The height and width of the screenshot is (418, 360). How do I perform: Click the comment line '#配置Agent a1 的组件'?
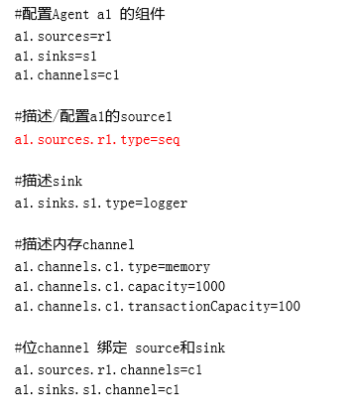pyautogui.click(x=90, y=15)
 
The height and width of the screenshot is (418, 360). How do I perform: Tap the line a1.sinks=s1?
pyautogui.click(x=56, y=55)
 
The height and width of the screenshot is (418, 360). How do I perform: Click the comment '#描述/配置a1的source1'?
pyautogui.click(x=94, y=116)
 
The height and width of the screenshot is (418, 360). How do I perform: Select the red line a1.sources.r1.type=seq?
pyautogui.click(x=97, y=139)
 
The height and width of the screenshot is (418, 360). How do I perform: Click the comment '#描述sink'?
pyautogui.click(x=49, y=181)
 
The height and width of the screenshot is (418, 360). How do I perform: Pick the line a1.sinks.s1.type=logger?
pyautogui.click(x=101, y=203)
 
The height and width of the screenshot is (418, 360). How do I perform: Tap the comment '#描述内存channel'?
pyautogui.click(x=74, y=244)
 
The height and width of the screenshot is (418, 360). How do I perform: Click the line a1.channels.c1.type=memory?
pyautogui.click(x=112, y=266)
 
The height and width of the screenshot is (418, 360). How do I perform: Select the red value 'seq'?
pyautogui.click(x=169, y=139)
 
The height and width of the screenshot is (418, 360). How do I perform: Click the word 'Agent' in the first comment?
pyautogui.click(x=68, y=15)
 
